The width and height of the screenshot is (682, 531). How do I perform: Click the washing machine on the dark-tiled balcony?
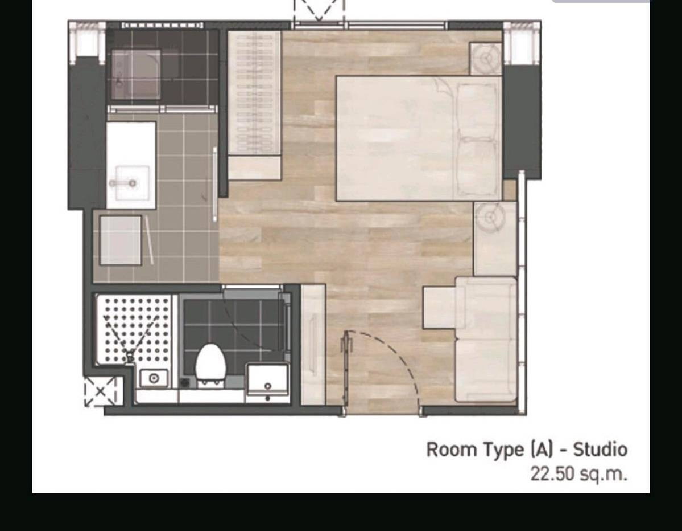(x=136, y=75)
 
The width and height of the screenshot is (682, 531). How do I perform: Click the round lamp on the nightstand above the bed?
(x=486, y=58)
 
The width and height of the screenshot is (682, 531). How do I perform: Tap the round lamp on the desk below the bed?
(x=490, y=217)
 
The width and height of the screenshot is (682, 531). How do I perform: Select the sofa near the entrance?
(x=486, y=340)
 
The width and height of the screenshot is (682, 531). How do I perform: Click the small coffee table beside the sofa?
(x=439, y=307)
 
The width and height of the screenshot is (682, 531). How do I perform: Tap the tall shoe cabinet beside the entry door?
(x=313, y=344)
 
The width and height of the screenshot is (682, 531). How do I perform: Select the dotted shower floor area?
(x=134, y=329)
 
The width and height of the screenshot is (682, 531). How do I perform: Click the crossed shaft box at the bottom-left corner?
(x=100, y=391)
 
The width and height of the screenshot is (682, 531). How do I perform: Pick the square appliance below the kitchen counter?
(x=121, y=240)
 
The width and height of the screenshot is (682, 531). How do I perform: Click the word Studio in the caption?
(x=600, y=450)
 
